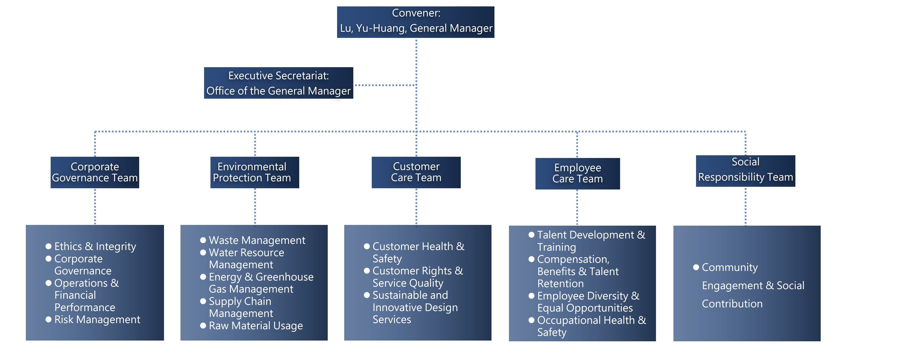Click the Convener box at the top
(416, 22)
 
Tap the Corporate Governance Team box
(95, 172)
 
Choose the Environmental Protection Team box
(254, 172)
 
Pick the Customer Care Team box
(416, 172)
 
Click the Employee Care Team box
(578, 173)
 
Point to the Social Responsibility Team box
(745, 171)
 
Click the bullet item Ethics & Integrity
(95, 246)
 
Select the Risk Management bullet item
(97, 319)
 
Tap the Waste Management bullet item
(257, 240)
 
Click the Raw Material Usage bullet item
(256, 326)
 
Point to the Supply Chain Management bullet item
(241, 307)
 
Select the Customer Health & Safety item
(418, 252)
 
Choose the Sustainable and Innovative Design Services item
(415, 307)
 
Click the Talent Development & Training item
(591, 241)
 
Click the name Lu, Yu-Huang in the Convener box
(373, 28)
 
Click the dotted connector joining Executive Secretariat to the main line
(385, 85)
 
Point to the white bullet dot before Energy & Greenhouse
(203, 277)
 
